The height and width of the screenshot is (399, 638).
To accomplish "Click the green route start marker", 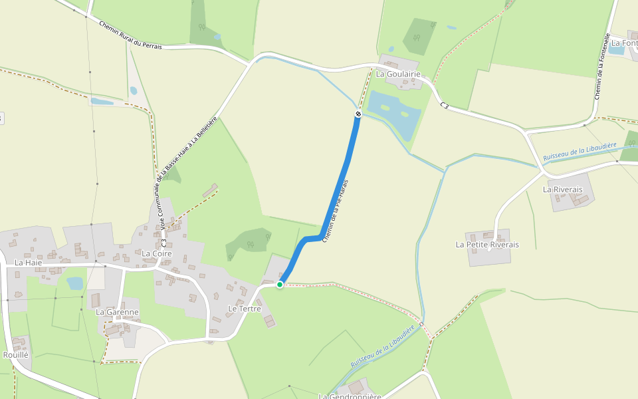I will point(280,285).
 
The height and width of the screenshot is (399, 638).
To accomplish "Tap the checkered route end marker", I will point(358,114).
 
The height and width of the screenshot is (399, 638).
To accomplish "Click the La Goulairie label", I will point(399,74).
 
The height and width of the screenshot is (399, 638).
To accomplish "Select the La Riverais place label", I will point(562,190).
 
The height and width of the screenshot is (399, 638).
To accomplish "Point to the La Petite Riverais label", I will point(487,245).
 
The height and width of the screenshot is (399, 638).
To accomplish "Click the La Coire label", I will point(157,253).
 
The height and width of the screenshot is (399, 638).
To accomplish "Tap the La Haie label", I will point(29,263).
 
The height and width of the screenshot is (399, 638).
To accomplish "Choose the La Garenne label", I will point(117,312).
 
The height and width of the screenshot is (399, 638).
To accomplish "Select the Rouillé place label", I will point(16,355).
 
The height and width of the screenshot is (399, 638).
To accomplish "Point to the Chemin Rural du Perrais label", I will point(130,35).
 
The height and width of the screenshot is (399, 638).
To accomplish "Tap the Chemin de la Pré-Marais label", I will point(336,210).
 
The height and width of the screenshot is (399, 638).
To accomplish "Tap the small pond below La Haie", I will point(74,283).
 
